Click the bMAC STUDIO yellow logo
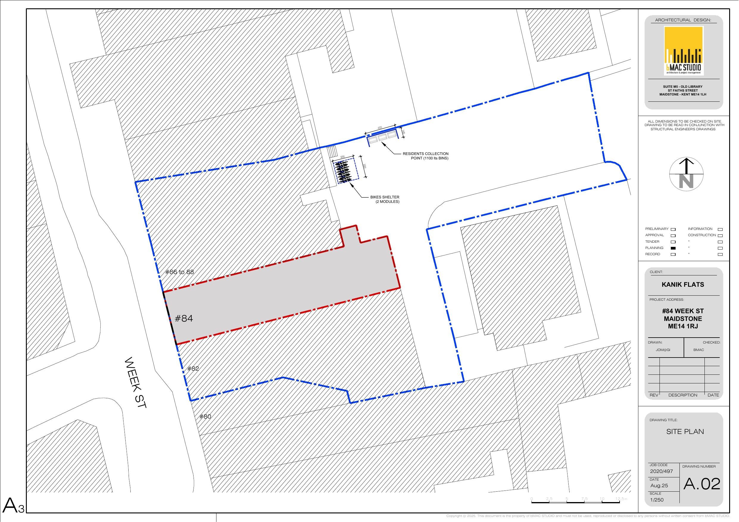[683, 51]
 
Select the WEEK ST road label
[135, 383]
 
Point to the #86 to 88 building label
[180, 272]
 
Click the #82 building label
[193, 369]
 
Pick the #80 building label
[205, 416]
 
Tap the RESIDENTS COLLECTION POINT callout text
[425, 156]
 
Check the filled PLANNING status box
[673, 248]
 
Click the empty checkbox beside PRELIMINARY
[673, 229]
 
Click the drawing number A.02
[702, 484]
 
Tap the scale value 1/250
[657, 500]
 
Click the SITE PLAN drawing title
[685, 432]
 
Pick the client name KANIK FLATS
[683, 285]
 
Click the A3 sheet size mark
[13, 506]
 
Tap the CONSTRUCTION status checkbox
[720, 236]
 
